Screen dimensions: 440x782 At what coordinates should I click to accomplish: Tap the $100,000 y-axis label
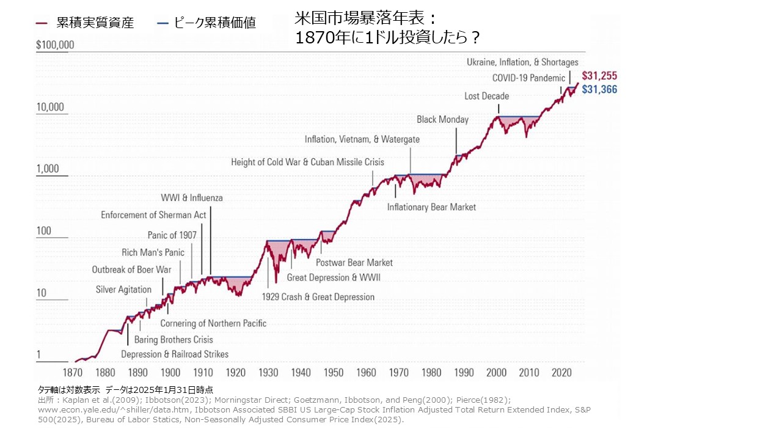tap(55, 45)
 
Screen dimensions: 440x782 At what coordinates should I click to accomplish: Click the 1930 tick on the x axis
tap(268, 373)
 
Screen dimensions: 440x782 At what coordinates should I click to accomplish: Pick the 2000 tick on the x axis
tap(497, 373)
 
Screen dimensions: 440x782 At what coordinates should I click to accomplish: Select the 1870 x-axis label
tap(73, 373)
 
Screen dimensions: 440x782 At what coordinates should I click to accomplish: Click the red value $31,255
tap(599, 76)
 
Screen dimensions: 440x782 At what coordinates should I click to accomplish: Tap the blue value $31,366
tap(599, 89)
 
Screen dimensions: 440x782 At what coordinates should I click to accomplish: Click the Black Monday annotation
tap(442, 119)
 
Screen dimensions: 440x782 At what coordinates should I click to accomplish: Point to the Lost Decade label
tap(486, 96)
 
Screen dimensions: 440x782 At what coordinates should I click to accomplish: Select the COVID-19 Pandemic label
tap(528, 78)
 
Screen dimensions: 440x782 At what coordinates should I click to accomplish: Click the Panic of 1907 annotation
tap(172, 235)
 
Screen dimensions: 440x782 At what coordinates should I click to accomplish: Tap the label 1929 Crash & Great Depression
tap(318, 297)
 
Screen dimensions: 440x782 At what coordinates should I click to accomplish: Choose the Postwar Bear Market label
tap(354, 263)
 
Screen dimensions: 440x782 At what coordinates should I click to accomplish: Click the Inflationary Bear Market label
tap(431, 207)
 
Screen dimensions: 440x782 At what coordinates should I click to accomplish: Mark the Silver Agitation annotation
tap(123, 290)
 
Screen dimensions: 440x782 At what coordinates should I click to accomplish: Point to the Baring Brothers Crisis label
tap(174, 340)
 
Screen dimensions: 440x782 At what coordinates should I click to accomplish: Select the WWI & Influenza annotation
tap(191, 198)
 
